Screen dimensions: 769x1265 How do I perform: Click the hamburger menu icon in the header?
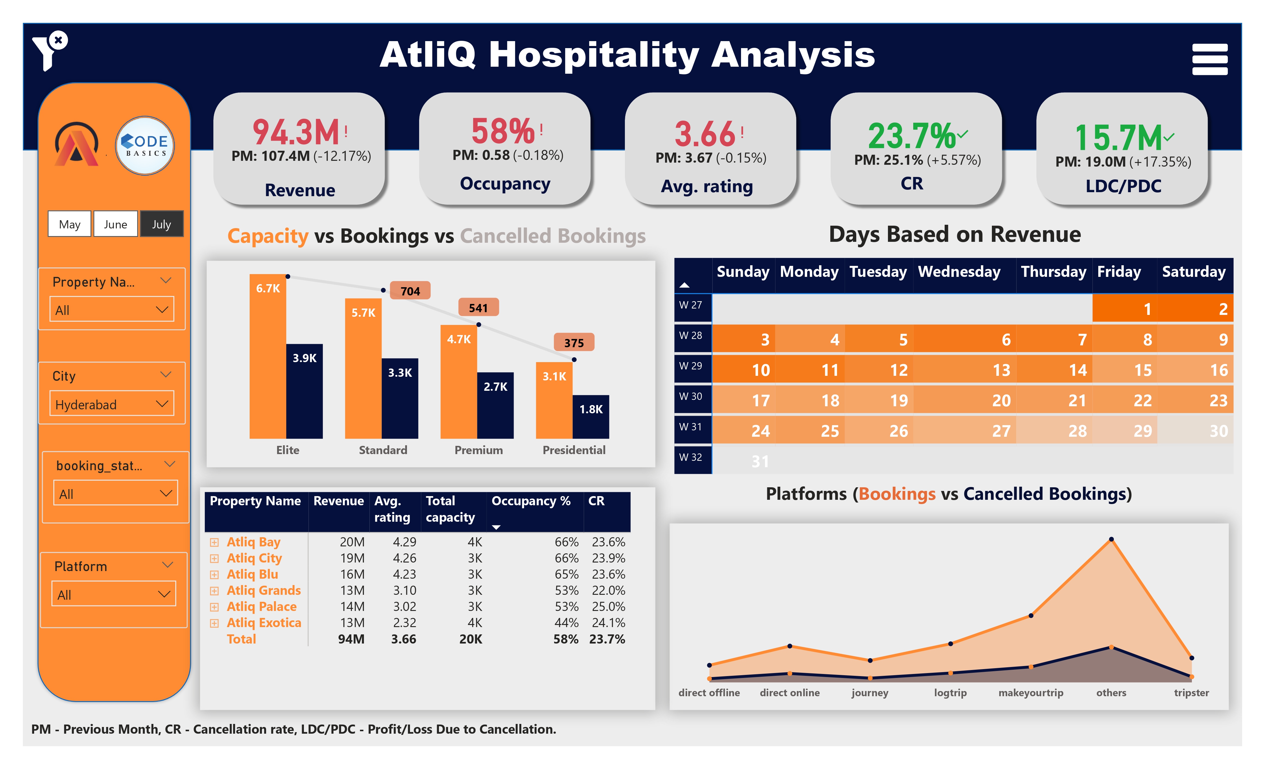coord(1210,59)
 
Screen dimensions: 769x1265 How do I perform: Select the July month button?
coord(161,224)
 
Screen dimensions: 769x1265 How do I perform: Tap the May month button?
coord(69,224)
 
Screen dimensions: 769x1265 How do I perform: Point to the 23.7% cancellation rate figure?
coord(911,136)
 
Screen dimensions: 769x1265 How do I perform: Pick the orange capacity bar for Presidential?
coord(554,400)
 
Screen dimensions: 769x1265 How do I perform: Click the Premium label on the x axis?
coord(479,450)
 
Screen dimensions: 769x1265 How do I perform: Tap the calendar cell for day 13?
coord(1001,370)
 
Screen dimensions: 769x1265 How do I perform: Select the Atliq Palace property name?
coord(261,606)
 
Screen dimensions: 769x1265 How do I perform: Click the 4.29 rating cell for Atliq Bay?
coord(404,542)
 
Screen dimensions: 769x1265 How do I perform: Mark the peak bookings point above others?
coord(1111,539)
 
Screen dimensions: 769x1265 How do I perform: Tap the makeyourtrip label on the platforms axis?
coord(1030,693)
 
